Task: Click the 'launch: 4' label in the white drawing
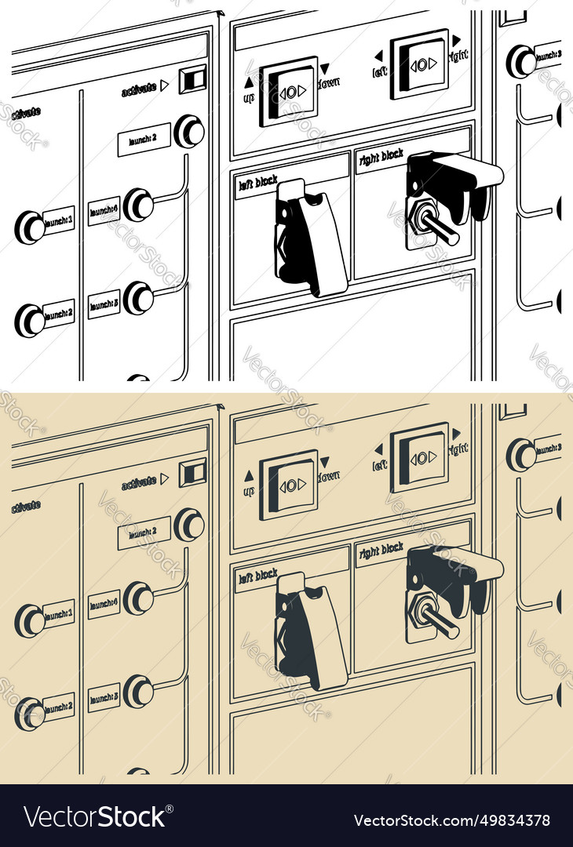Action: (104, 210)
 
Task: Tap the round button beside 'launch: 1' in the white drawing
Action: (31, 227)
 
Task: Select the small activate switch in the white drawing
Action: (193, 79)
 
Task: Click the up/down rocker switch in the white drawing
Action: (289, 91)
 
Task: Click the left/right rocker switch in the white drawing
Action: (420, 64)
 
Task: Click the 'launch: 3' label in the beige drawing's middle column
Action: (104, 696)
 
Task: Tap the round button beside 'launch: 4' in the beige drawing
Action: (139, 598)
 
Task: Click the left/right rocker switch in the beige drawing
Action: (420, 456)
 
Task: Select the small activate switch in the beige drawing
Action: (193, 472)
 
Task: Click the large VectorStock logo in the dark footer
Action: (96, 816)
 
